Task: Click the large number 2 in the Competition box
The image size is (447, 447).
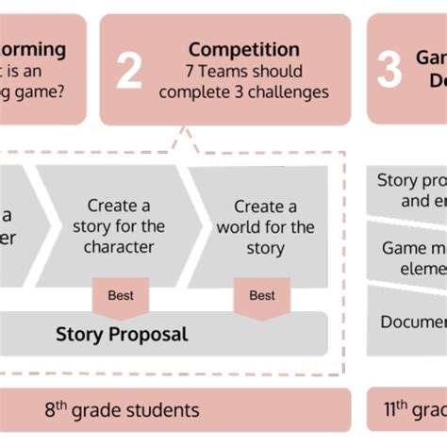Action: click(129, 72)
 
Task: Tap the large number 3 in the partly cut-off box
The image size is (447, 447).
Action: click(389, 71)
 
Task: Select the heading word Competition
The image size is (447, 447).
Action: click(243, 49)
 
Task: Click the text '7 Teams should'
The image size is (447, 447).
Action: click(243, 71)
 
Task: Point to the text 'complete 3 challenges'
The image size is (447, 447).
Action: click(243, 91)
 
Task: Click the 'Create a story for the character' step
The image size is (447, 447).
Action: click(119, 226)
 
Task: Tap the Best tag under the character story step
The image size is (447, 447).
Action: click(120, 295)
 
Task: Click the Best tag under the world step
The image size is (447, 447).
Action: click(262, 295)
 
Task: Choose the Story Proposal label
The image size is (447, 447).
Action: click(122, 334)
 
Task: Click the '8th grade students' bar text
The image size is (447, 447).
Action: click(123, 410)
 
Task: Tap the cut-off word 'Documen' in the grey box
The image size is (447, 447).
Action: click(413, 323)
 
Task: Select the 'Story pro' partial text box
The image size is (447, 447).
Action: click(411, 190)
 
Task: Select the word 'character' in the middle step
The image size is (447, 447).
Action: click(119, 247)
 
